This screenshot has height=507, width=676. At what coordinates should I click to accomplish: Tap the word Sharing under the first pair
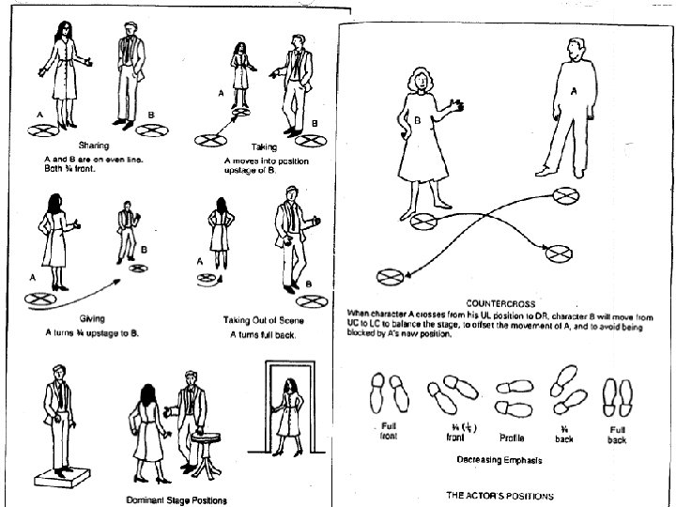[94, 145]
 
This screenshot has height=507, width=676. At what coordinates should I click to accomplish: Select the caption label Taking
[264, 147]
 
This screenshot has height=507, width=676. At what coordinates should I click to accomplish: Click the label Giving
[92, 318]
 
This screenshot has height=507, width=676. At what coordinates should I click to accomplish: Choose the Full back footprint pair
[617, 395]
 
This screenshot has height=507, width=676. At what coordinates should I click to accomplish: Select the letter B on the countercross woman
[418, 120]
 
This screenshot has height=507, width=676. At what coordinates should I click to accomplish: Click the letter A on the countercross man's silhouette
[575, 92]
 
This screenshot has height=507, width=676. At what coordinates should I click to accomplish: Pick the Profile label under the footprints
[512, 438]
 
